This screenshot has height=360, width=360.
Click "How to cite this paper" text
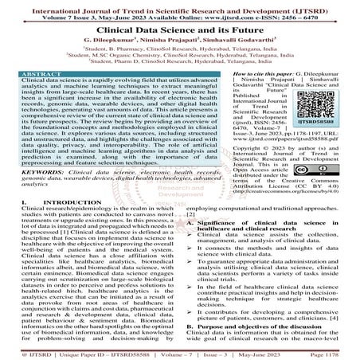tap(247, 73)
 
